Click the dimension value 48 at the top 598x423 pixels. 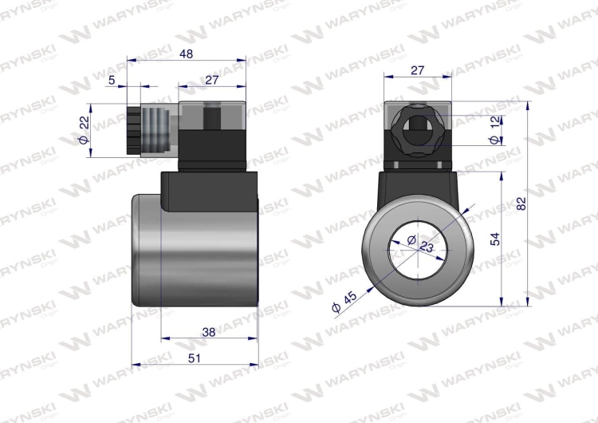click(x=187, y=54)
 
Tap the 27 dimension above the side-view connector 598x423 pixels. click(x=211, y=79)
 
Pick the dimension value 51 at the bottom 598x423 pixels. click(x=193, y=358)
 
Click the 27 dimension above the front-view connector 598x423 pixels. click(x=416, y=70)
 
